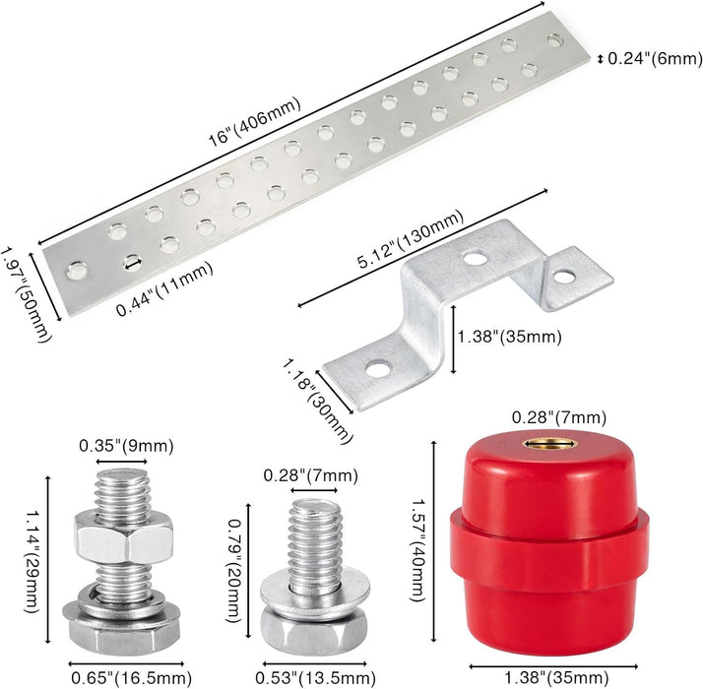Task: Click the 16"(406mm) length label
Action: click(255, 122)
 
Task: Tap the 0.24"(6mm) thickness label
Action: click(655, 59)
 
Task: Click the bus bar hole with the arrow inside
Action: click(133, 263)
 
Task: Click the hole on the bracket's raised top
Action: click(476, 259)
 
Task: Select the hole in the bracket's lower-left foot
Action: click(377, 369)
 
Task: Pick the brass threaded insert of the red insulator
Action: click(549, 443)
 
